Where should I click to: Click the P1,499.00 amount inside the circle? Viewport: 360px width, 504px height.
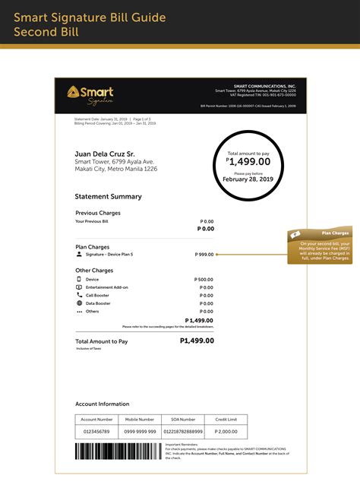click(x=249, y=161)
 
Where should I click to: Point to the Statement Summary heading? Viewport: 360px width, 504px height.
click(x=109, y=196)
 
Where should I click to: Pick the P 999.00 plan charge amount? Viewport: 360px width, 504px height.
click(x=204, y=254)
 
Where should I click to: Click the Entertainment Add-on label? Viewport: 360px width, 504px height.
click(x=107, y=287)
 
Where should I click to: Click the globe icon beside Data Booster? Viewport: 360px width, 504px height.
click(x=79, y=303)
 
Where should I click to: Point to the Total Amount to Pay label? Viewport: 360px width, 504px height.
click(x=102, y=342)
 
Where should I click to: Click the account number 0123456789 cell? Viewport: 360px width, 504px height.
click(x=96, y=431)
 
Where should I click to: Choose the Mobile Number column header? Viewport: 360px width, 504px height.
click(x=140, y=419)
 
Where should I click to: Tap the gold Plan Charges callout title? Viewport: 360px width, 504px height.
click(x=334, y=233)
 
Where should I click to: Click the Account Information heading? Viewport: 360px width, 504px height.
click(x=103, y=404)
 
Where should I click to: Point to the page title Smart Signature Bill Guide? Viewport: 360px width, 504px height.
click(x=90, y=17)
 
